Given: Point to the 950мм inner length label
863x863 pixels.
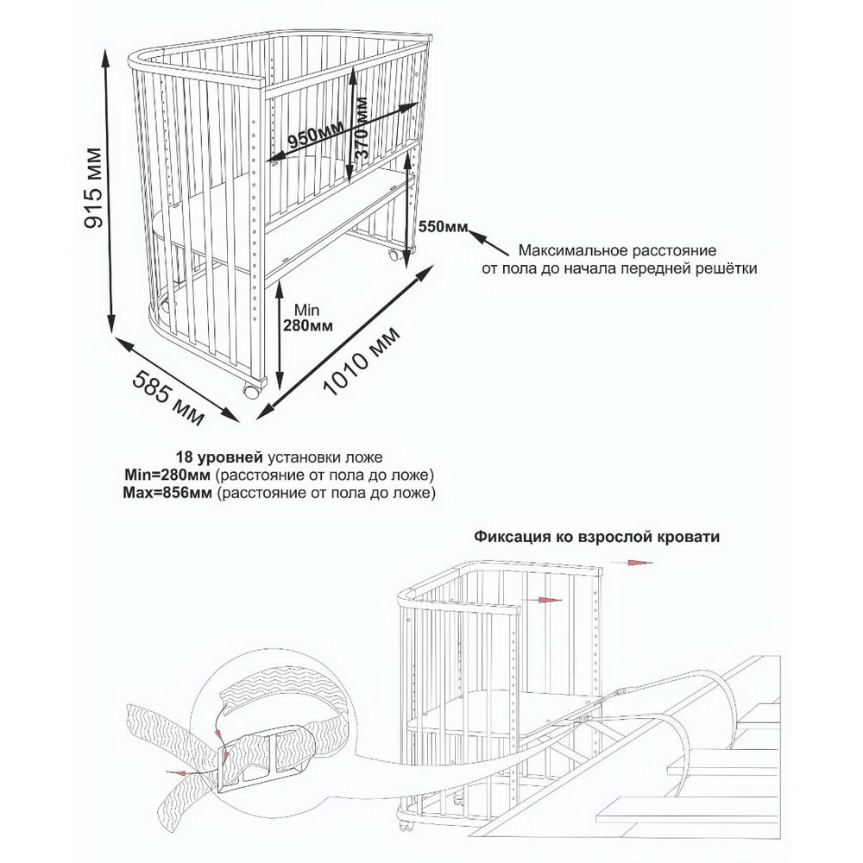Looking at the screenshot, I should pyautogui.click(x=313, y=139).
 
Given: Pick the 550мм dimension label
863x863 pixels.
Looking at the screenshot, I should pyautogui.click(x=443, y=227).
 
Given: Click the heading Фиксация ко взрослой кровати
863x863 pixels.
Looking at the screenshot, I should pyautogui.click(x=596, y=535).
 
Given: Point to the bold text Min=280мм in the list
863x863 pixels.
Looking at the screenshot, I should pyautogui.click(x=167, y=475).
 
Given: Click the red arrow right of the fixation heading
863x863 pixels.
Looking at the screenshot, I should pyautogui.click(x=638, y=562).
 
